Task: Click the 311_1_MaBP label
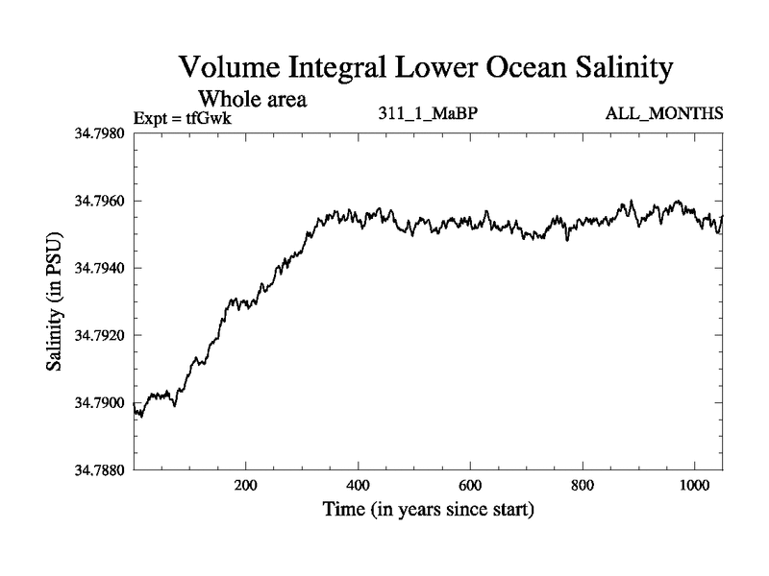coord(427,114)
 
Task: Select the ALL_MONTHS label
coord(664,114)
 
